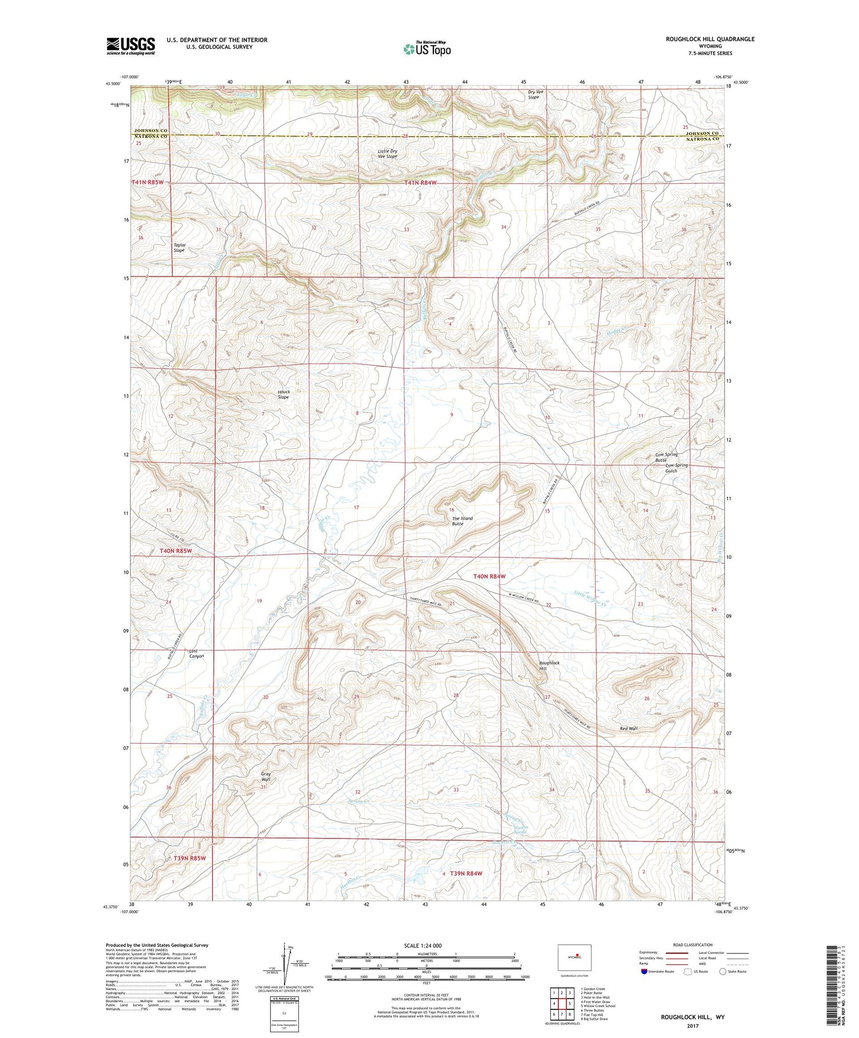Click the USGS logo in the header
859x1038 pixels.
(x=131, y=46)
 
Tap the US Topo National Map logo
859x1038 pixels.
(x=427, y=49)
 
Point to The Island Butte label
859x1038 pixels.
(x=462, y=521)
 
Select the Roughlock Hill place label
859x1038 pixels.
(x=549, y=665)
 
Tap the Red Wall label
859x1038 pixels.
(x=628, y=729)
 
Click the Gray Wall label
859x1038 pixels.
(x=266, y=776)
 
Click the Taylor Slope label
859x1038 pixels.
(x=179, y=247)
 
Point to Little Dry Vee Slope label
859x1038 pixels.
(x=387, y=153)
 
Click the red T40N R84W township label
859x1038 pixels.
(x=489, y=577)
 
